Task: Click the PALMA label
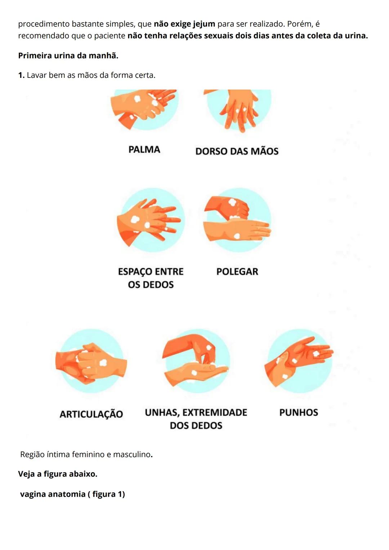144,150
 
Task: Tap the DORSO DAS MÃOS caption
237,151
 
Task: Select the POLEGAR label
237,272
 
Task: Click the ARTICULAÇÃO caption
91,414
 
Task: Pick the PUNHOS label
299,413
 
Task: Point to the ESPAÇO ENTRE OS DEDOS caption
151,278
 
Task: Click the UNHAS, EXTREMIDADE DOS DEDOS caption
196,419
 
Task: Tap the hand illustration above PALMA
144,108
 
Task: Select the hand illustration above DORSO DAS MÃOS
239,108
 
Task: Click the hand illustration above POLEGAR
237,220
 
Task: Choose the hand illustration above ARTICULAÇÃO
91,361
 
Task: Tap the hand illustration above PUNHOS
299,360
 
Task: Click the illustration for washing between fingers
151,220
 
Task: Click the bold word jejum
204,24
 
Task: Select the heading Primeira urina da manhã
68,56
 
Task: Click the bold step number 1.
21,75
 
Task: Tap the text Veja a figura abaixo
58,474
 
